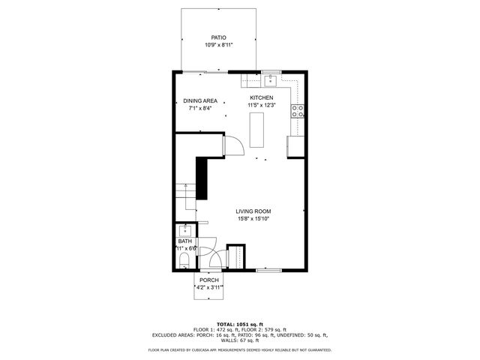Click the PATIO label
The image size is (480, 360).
coord(219,37)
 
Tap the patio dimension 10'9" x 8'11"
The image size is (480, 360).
coord(219,45)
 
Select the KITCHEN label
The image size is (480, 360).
coord(262,97)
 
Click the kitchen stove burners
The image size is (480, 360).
coord(298,111)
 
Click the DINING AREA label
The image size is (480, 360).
coord(200,101)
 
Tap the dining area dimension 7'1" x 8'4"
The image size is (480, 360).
coord(200,109)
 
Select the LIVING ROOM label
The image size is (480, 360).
coord(253,211)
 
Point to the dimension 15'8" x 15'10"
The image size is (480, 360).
coord(253,219)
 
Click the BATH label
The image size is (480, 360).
coord(184,241)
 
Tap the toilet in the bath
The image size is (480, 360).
coord(184,260)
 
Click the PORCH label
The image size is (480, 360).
coord(209,280)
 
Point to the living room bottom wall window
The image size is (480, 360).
coord(268,269)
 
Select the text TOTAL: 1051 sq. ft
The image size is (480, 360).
coord(239,322)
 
